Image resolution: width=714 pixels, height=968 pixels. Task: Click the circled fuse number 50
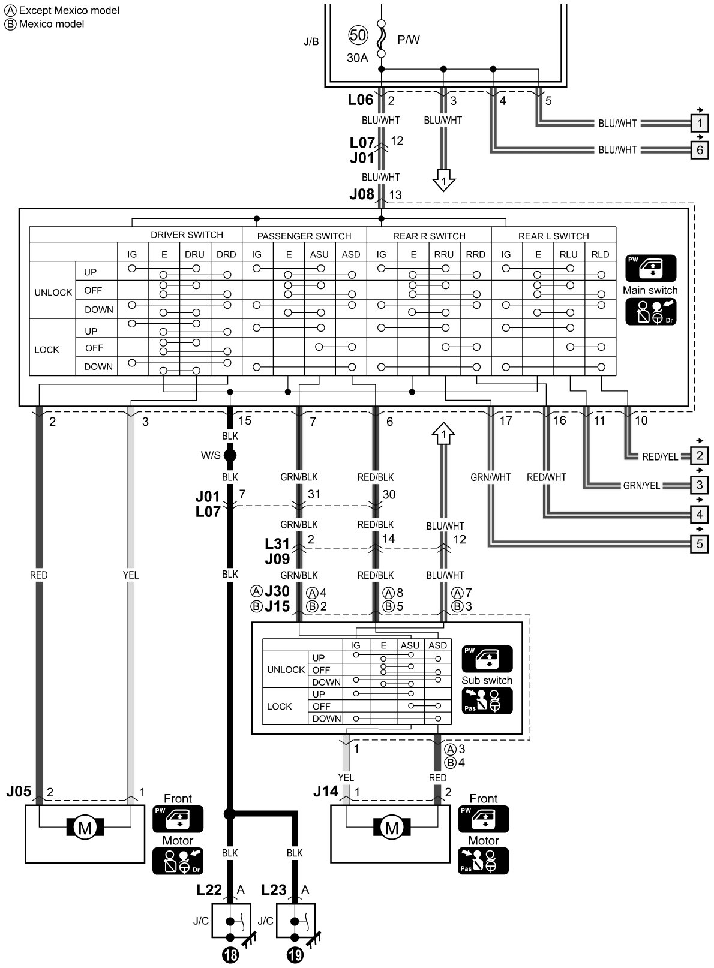(358, 35)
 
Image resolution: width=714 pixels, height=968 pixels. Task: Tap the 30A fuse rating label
(357, 58)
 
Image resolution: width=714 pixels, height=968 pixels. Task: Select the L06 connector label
(361, 100)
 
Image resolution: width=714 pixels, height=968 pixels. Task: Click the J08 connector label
(362, 194)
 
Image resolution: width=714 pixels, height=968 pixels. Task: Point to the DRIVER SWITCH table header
(187, 235)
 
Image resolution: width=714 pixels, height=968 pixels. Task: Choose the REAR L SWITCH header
(553, 236)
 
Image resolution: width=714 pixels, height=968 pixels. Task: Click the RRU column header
(444, 254)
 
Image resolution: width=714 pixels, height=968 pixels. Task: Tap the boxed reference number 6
(700, 149)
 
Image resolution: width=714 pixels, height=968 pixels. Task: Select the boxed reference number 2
(700, 456)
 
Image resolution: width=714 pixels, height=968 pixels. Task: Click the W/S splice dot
(230, 456)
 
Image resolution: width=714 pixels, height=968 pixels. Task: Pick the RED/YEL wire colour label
(660, 457)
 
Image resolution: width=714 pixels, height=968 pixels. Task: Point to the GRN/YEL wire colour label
(641, 486)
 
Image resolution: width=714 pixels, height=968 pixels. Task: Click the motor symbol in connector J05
(85, 828)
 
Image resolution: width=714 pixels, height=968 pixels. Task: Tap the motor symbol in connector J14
(391, 828)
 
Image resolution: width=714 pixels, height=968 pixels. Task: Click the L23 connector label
(274, 890)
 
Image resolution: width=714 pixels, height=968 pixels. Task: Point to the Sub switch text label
(487, 680)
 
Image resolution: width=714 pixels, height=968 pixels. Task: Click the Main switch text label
(650, 290)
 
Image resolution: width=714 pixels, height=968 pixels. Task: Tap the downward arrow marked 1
(443, 181)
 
